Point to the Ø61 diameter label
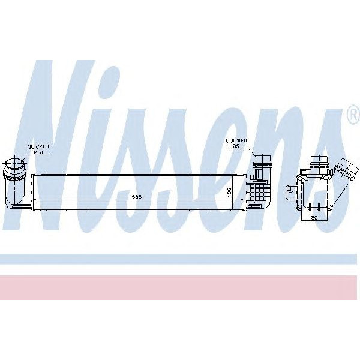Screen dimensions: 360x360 click(x=38, y=152)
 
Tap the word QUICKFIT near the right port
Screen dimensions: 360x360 click(x=235, y=140)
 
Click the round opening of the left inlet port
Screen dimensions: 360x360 click(x=16, y=163)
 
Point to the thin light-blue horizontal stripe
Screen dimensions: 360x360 click(x=180, y=259)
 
